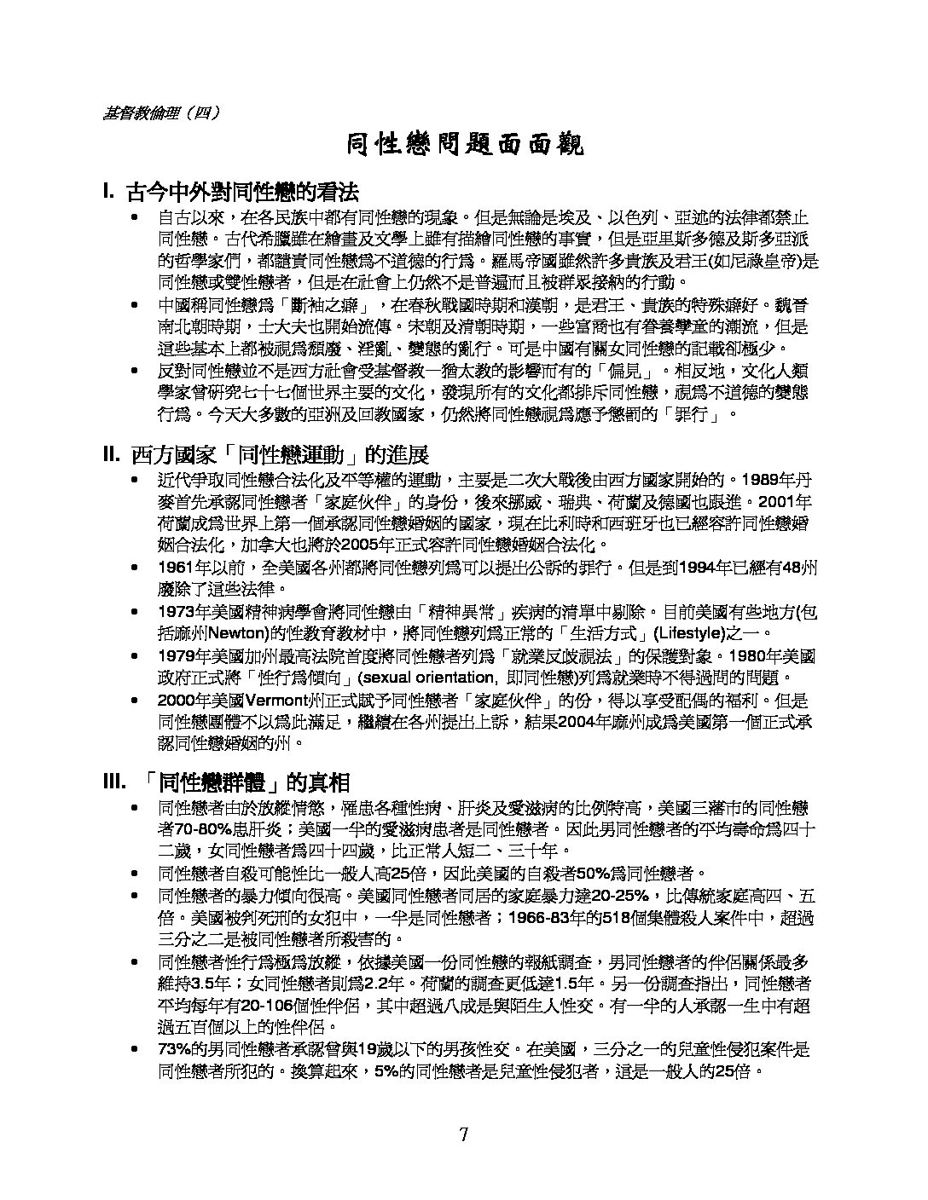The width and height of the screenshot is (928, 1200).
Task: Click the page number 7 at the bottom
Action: [463, 1134]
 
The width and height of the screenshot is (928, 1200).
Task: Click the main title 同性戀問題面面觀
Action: [464, 146]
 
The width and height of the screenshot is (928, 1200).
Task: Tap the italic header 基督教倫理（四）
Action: [159, 111]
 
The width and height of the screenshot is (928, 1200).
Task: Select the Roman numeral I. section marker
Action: [108, 190]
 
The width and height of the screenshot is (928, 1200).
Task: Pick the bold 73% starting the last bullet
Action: [174, 1048]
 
